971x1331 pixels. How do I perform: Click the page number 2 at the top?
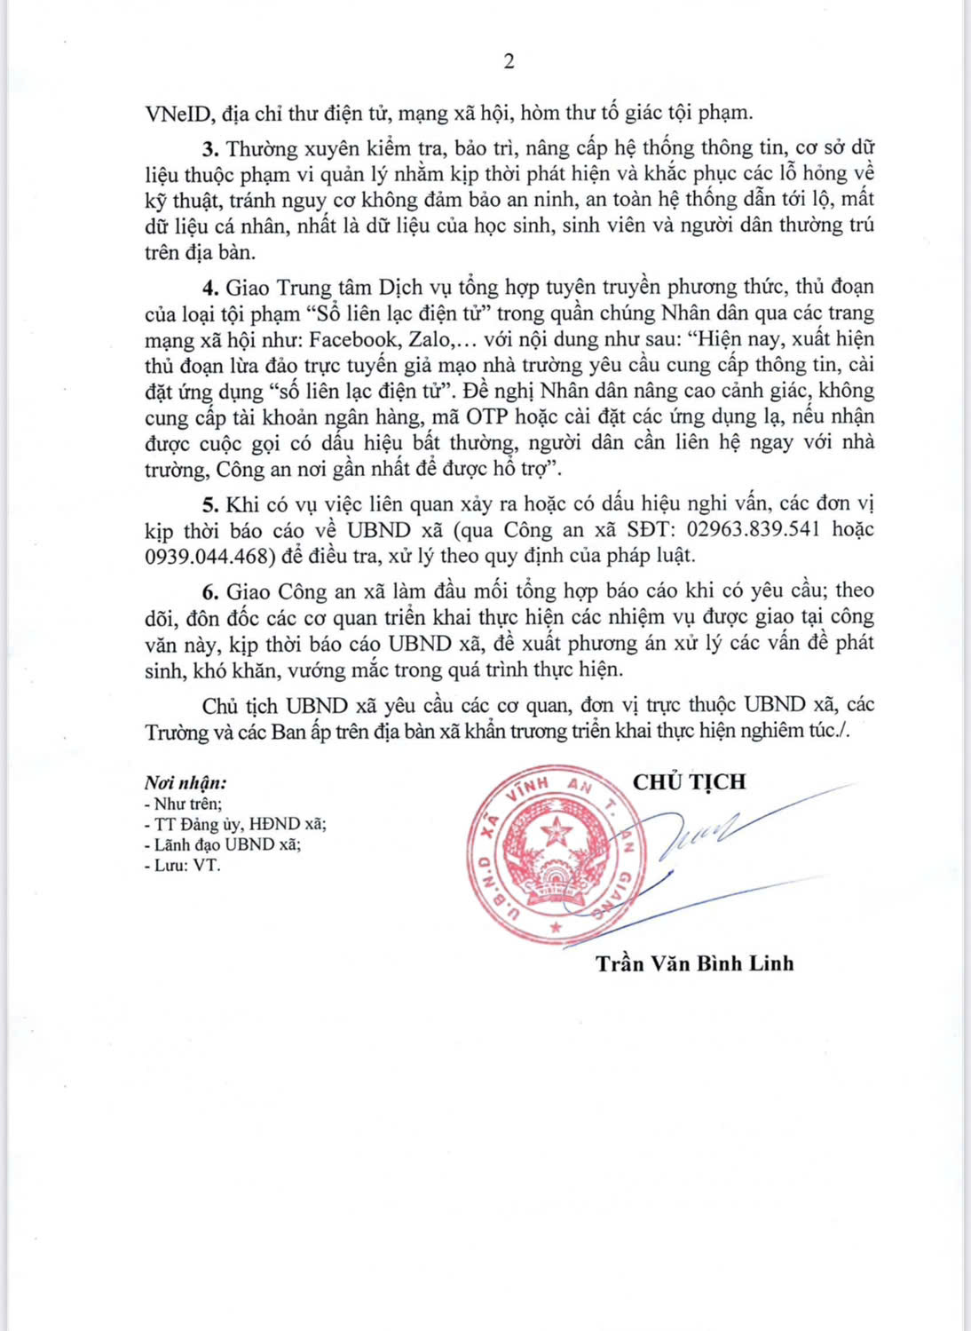(509, 60)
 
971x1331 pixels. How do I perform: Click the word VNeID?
(176, 113)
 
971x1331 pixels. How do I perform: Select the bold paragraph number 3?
(210, 147)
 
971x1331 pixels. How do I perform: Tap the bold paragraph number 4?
(210, 287)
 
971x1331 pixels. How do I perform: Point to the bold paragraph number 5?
(210, 503)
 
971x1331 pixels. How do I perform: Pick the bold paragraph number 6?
(210, 590)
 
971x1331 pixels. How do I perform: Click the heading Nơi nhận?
(186, 783)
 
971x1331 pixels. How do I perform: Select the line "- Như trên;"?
(183, 804)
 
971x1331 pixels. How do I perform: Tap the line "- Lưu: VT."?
(182, 864)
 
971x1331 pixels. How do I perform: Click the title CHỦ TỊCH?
(689, 781)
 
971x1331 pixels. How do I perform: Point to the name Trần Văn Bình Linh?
(695, 963)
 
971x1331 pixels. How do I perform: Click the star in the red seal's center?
(557, 831)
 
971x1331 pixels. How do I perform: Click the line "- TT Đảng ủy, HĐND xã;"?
(235, 824)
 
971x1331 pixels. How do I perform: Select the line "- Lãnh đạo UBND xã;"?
(222, 844)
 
